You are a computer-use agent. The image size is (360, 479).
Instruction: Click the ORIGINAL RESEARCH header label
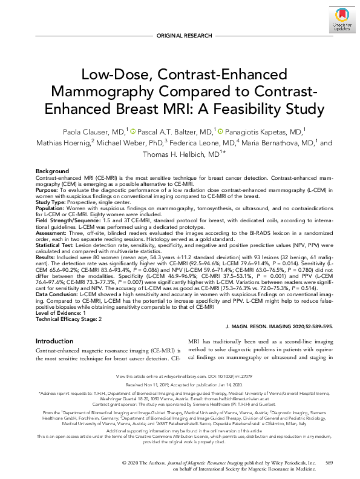(x=180, y=36)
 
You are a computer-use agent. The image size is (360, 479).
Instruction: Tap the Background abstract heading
(x=52, y=172)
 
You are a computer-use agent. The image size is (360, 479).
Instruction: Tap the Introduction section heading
(x=54, y=342)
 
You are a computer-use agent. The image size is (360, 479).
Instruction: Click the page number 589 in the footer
(x=329, y=463)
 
